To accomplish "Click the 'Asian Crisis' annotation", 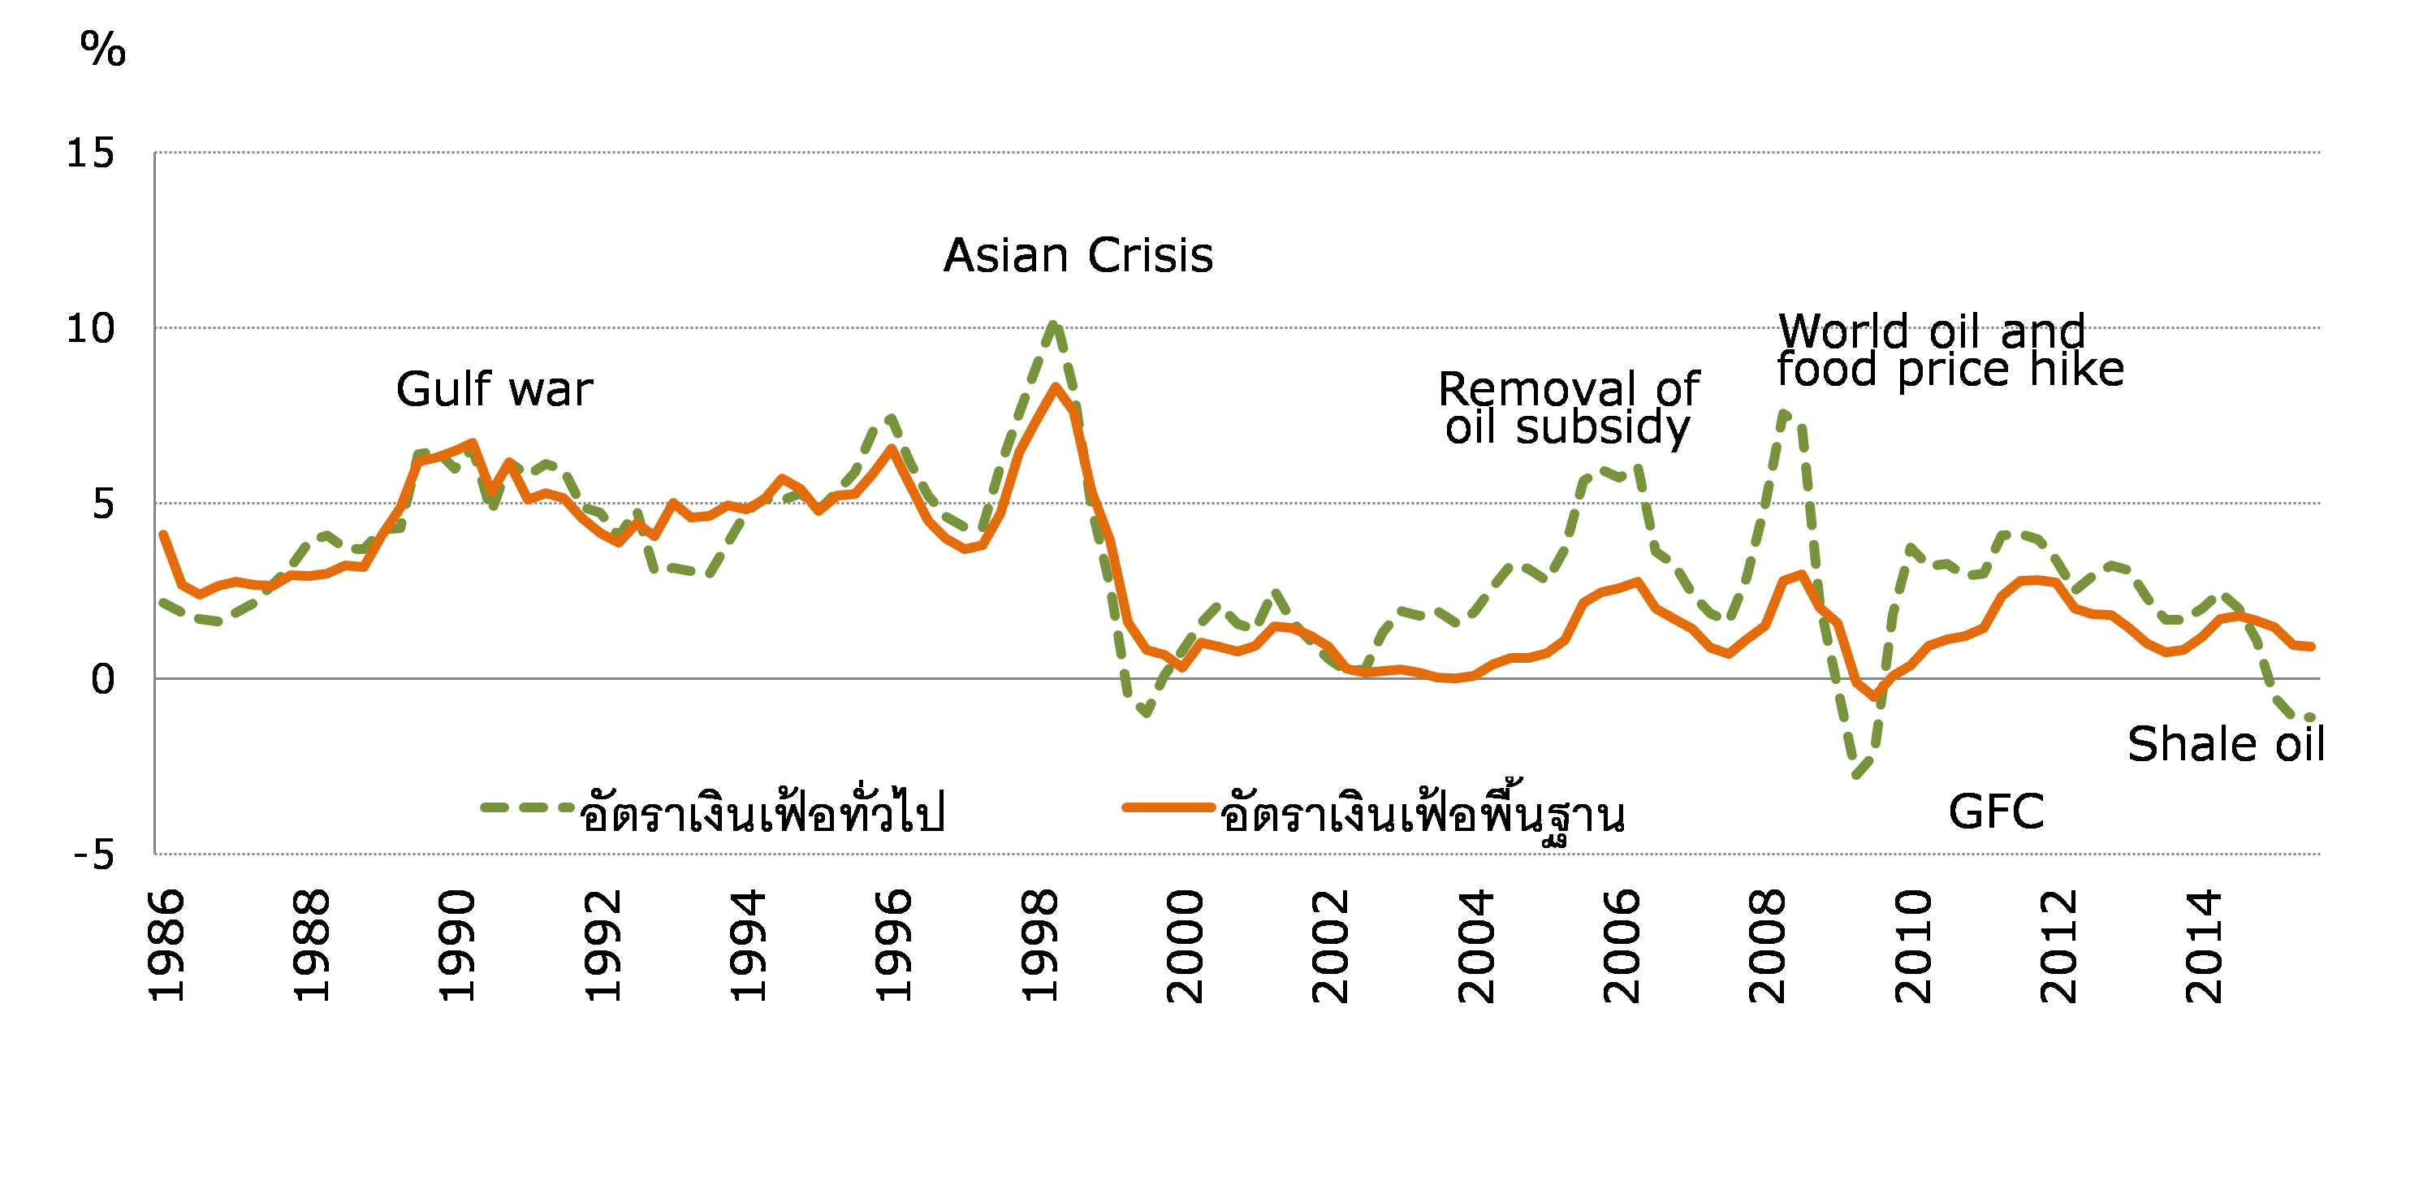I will [x=1078, y=255].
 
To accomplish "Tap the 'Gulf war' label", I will [x=494, y=389].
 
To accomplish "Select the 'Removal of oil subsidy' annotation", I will [x=1568, y=409].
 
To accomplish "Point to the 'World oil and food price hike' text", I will [x=1949, y=350].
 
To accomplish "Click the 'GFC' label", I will [x=1996, y=811].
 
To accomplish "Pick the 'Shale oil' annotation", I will [x=2226, y=744].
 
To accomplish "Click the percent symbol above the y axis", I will [x=102, y=49].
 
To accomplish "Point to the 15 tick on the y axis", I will [x=90, y=154].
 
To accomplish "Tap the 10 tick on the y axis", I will [x=90, y=329].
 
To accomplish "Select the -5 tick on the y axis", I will [x=94, y=855].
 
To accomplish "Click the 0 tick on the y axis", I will [x=102, y=679].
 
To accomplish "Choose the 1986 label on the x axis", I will [x=166, y=946].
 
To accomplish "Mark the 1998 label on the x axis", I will [x=1039, y=946].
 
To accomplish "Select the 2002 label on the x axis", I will [x=1330, y=946].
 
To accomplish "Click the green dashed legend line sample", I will [x=527, y=807].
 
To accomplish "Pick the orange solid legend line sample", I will [x=1168, y=807].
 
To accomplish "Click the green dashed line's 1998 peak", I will [x=1053, y=325].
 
